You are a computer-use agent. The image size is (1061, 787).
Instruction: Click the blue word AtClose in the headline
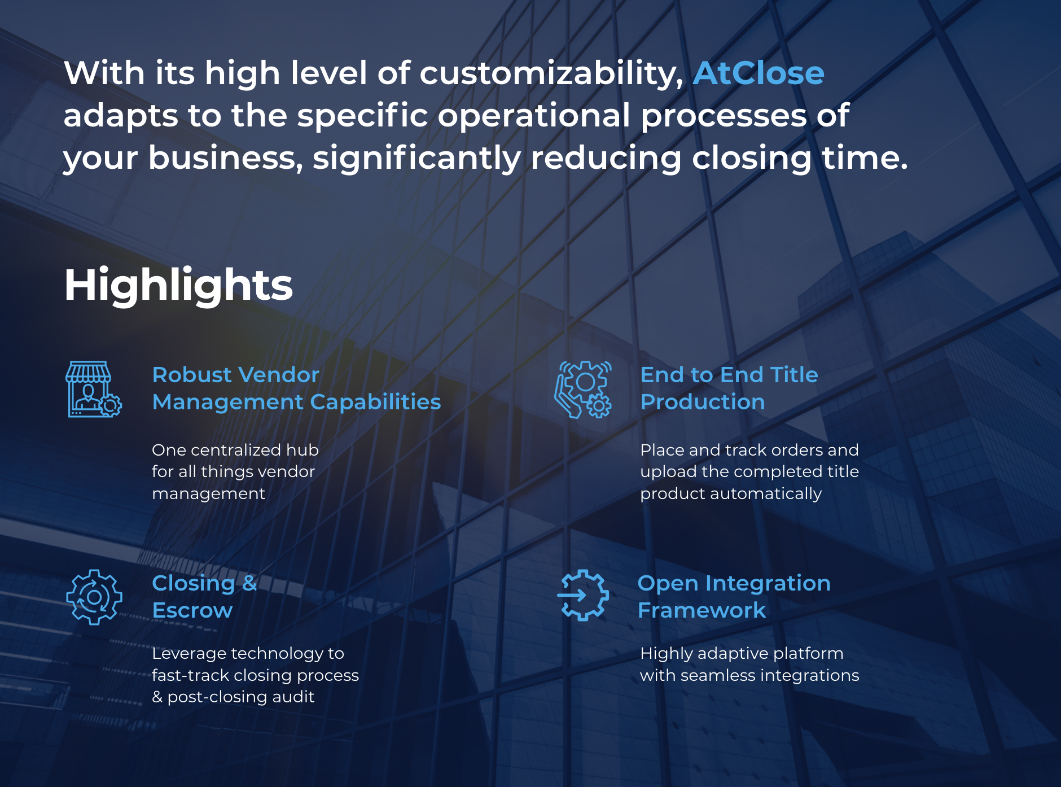[x=758, y=73]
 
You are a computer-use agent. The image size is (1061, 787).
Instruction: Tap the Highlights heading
[x=178, y=286]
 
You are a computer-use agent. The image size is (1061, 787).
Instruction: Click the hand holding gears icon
[x=583, y=389]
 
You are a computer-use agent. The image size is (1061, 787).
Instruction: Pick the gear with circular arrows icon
[x=94, y=597]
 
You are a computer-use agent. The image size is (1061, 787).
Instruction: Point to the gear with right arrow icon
[x=583, y=596]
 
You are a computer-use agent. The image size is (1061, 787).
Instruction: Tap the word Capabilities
[x=375, y=402]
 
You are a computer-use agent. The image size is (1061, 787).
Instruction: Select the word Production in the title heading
[x=703, y=402]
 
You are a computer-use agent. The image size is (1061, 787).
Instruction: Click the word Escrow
[x=192, y=610]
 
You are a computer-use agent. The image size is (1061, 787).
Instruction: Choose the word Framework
[x=702, y=610]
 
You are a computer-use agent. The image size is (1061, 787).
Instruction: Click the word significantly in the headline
[x=416, y=158]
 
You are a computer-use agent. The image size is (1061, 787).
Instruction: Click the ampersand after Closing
[x=249, y=583]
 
